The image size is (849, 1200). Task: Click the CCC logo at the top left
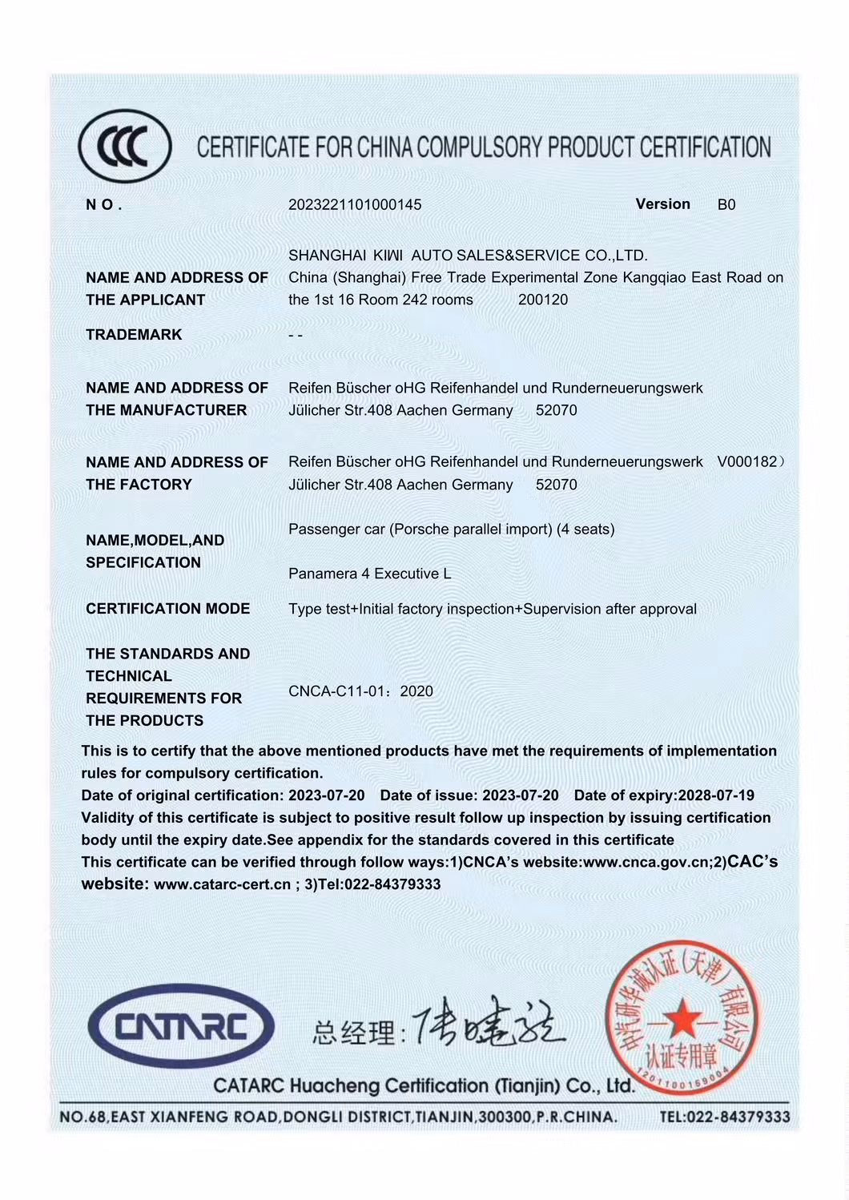[x=125, y=147]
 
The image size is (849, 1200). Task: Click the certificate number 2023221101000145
[x=355, y=205]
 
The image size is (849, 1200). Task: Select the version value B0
[x=726, y=205]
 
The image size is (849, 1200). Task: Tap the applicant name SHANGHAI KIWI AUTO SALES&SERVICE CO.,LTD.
[x=468, y=256]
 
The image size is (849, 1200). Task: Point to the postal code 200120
[x=543, y=300]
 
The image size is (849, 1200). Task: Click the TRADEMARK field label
[x=134, y=335]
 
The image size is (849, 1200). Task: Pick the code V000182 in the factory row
[x=747, y=462]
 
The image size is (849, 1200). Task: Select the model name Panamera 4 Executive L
[x=369, y=574]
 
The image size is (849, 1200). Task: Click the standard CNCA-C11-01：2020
[x=360, y=691]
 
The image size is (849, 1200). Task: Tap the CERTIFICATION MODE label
[x=167, y=609]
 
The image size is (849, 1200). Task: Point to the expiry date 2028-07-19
[x=716, y=795]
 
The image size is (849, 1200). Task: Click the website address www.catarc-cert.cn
[x=222, y=884]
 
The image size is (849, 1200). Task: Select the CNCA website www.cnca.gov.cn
[x=647, y=863]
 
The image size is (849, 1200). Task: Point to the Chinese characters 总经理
[x=353, y=1033]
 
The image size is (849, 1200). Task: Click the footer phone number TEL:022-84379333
[x=724, y=1117]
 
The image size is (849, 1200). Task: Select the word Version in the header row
[x=662, y=204]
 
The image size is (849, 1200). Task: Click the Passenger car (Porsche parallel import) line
[x=451, y=530]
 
